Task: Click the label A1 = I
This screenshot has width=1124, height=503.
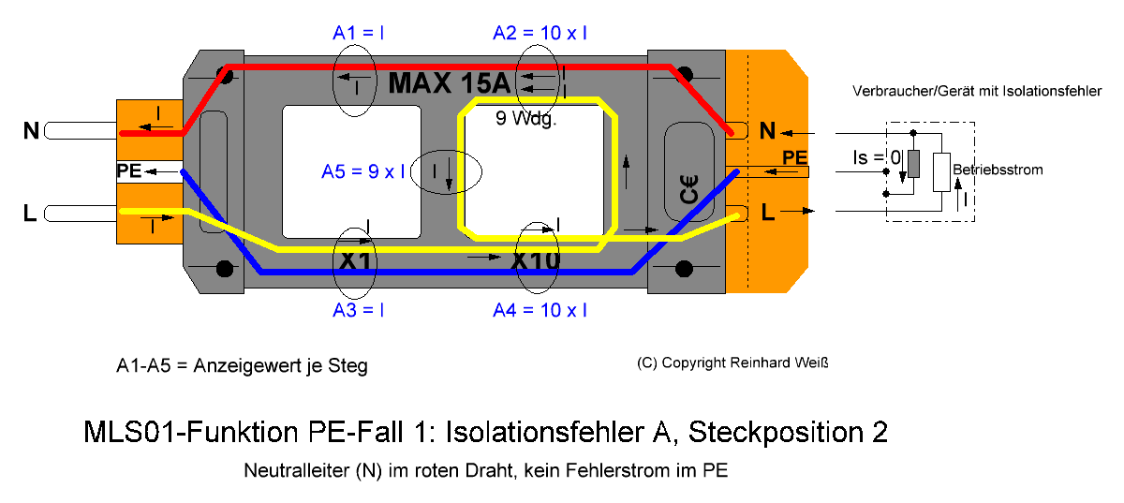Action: coord(358,33)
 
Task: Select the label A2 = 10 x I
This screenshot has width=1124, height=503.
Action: coord(540,33)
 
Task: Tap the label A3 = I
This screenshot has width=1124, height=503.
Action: coord(358,310)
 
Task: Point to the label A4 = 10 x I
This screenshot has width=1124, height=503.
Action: coord(540,310)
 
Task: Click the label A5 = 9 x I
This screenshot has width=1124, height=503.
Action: coord(363,171)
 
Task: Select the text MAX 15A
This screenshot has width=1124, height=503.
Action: coord(450,82)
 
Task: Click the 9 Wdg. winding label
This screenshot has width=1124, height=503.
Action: coord(525,118)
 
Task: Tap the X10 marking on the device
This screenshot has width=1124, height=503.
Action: coord(536,261)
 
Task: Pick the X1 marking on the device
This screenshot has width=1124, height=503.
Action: coord(355,261)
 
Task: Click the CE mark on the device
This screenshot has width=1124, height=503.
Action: coord(689,190)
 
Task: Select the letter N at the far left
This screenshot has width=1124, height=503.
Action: coord(31,131)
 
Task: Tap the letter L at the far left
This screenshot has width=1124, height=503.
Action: coord(30,213)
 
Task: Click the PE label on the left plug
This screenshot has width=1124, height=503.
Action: coord(129,170)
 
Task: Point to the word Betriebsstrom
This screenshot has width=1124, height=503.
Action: coord(998,170)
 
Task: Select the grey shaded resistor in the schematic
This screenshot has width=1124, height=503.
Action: coord(914,164)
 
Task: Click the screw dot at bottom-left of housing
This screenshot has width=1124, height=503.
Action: coord(224,269)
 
